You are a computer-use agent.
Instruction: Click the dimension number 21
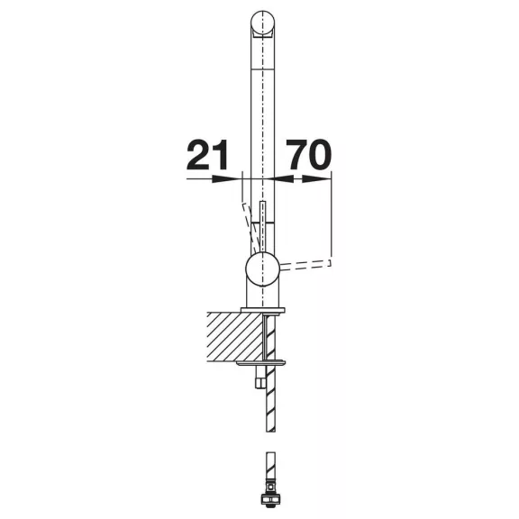207,155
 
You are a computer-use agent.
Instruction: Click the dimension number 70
309,155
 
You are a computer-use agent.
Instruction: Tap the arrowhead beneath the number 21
225,179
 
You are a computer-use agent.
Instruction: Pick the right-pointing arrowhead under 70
315,179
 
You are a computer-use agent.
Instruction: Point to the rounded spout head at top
262,23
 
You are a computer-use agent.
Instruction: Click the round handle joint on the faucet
263,269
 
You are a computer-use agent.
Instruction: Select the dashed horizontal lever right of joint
305,265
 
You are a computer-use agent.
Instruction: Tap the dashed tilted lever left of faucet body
250,228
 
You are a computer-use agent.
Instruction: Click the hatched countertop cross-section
235,337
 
